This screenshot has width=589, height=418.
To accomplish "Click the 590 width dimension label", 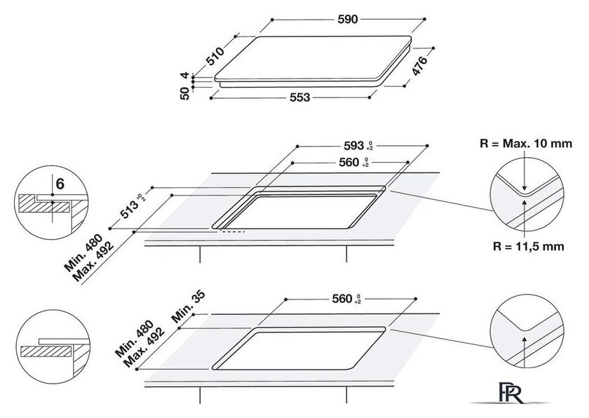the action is pyautogui.click(x=348, y=19).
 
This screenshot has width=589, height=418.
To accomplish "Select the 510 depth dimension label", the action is pyautogui.click(x=215, y=56).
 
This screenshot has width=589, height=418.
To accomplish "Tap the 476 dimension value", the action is pyautogui.click(x=419, y=66).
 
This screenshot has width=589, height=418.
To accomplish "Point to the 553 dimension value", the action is pyautogui.click(x=300, y=97).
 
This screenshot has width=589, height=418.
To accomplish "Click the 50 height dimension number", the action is pyautogui.click(x=185, y=93).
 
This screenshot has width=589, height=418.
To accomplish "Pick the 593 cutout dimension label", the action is pyautogui.click(x=354, y=145).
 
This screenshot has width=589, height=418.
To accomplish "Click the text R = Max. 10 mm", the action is pyautogui.click(x=526, y=144).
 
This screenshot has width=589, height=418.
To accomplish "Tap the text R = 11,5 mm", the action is pyautogui.click(x=529, y=246).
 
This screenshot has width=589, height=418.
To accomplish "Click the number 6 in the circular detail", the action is pyautogui.click(x=60, y=184).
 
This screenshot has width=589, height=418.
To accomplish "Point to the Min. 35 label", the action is pyautogui.click(x=189, y=306).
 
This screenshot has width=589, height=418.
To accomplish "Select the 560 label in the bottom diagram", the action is pyautogui.click(x=342, y=299).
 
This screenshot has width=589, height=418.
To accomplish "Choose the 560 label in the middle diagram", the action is pyautogui.click(x=349, y=162).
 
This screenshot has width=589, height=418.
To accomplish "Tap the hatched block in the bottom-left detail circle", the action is pyautogui.click(x=46, y=351).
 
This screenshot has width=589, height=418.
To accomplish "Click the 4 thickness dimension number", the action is pyautogui.click(x=184, y=75).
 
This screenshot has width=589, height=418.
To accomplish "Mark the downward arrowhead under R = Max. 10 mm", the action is pyautogui.click(x=524, y=188).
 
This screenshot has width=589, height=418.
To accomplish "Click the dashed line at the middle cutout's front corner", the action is pyautogui.click(x=233, y=231).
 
